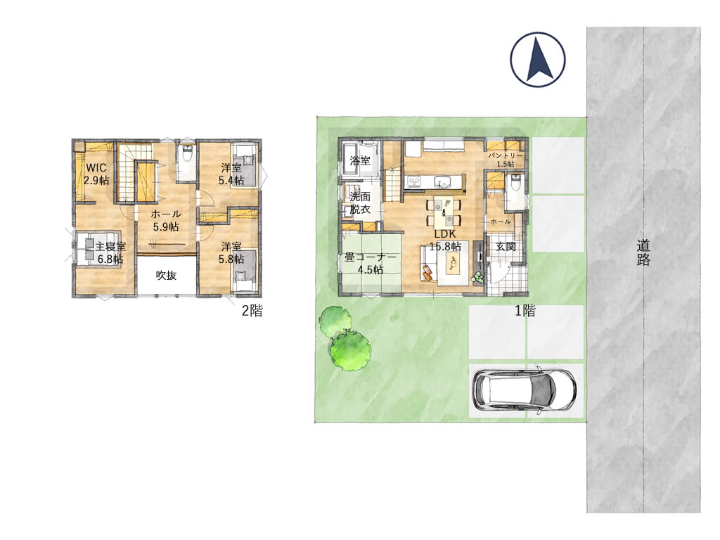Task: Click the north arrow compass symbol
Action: pos(538,60)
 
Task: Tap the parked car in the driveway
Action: pos(525,390)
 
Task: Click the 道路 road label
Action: pos(643,252)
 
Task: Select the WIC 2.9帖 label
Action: pos(96,174)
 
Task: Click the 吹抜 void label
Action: pos(166,275)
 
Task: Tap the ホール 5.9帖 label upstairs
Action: pos(166,220)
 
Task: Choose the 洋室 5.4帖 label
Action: pos(231,174)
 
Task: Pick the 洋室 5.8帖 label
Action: pos(231,252)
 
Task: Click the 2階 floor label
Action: pos(252,311)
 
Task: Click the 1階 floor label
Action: pos(525,311)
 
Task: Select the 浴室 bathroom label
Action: pos(360,161)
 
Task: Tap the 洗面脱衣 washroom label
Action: pos(360,203)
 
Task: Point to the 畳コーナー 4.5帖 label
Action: pos(371,264)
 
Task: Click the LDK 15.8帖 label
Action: pos(444,240)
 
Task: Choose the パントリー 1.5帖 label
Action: pos(505,160)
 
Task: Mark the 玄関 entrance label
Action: pos(506,247)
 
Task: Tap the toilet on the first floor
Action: pos(515,183)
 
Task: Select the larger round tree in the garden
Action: pos(351,350)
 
